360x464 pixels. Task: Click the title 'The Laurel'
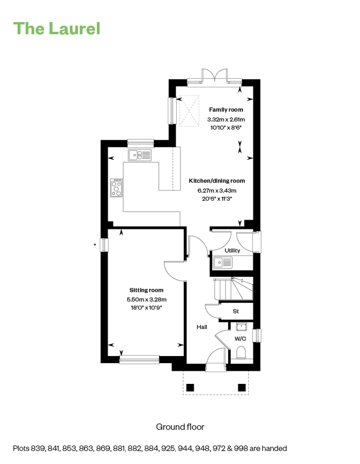(57, 29)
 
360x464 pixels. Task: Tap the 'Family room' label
(226, 110)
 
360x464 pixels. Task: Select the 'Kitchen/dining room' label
(216, 181)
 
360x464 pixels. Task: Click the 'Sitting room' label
(146, 290)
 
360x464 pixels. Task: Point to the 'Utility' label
(232, 250)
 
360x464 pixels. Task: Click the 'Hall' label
(202, 327)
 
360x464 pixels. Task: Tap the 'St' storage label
(236, 311)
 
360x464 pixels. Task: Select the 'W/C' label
(240, 339)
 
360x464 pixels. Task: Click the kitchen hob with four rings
(116, 188)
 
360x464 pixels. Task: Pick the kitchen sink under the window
(140, 155)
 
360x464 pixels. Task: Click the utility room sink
(223, 262)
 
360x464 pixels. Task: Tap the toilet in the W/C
(241, 353)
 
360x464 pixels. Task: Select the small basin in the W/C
(241, 327)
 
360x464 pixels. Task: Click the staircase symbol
(234, 288)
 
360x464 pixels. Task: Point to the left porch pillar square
(190, 387)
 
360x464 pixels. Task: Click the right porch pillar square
(242, 387)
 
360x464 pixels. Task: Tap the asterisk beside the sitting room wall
(95, 245)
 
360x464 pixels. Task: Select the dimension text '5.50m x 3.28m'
(146, 299)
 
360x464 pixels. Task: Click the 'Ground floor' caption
(180, 427)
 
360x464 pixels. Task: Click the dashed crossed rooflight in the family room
(189, 111)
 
